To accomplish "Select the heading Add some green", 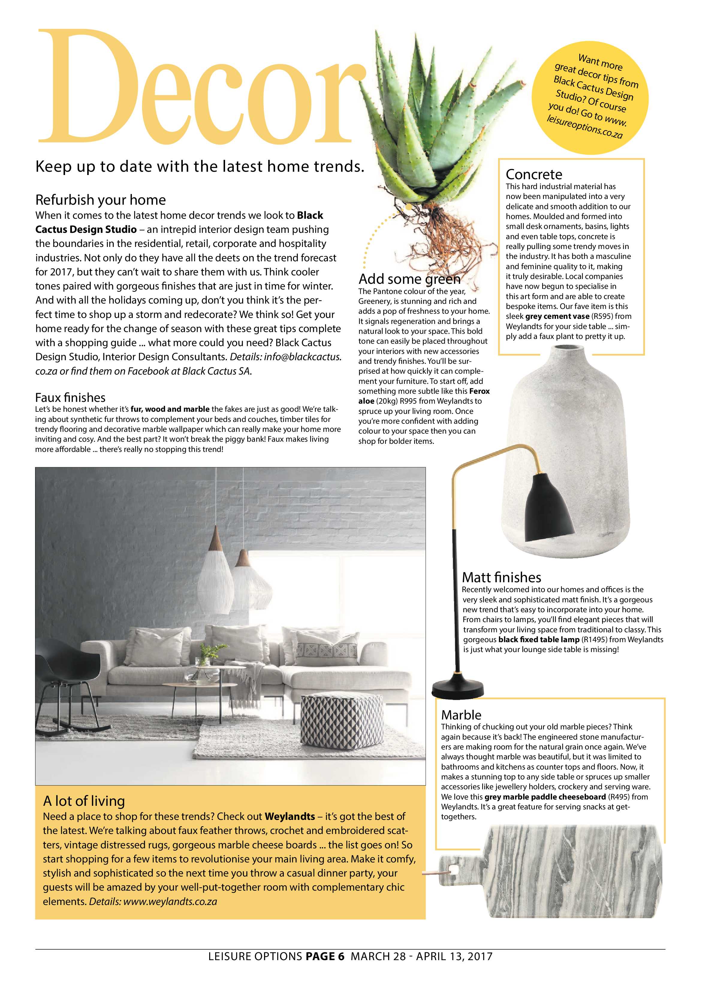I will coord(409,279).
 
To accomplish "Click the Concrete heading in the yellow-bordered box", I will coord(534,174).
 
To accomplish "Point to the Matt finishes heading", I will coord(501,577).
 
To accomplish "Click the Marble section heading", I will coord(461,715).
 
